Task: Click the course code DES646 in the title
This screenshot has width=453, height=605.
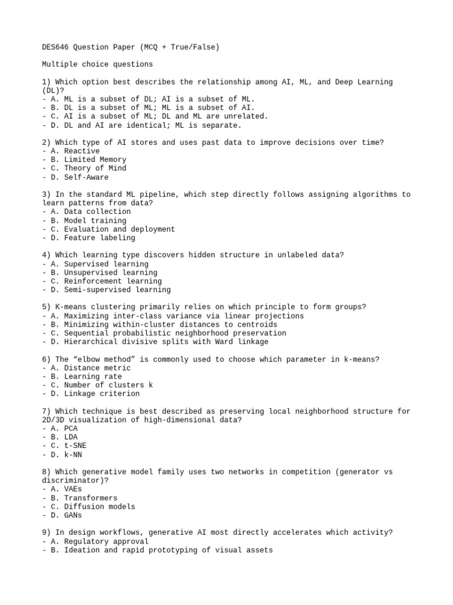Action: [55, 47]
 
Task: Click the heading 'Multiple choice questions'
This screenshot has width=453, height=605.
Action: [97, 64]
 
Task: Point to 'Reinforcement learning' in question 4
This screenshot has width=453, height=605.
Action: [113, 281]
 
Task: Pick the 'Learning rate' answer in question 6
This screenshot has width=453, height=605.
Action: [93, 376]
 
